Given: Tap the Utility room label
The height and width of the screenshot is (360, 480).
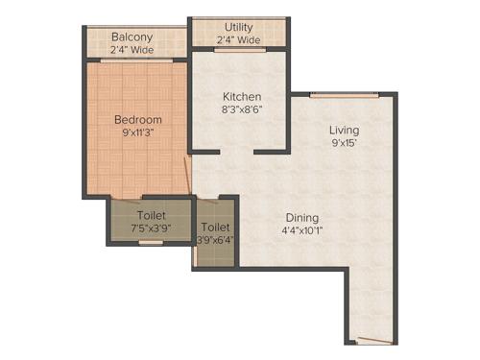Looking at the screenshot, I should [x=239, y=27].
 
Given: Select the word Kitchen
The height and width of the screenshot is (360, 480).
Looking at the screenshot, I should [x=242, y=98].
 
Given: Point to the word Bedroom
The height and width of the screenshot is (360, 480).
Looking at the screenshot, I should [x=138, y=120].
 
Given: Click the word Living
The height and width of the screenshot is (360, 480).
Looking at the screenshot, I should [x=345, y=130].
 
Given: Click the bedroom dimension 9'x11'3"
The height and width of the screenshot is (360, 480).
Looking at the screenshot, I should [x=138, y=133].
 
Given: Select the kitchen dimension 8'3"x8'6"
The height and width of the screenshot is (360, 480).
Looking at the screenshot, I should [x=242, y=110].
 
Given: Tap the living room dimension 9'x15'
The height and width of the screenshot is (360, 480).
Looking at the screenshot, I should [x=345, y=143].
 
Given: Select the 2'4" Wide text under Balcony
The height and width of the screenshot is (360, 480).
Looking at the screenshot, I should [x=133, y=51].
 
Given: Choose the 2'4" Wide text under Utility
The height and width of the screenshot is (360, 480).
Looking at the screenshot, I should [x=239, y=40].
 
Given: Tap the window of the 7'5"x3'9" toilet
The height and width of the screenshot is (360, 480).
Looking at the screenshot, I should [x=151, y=243].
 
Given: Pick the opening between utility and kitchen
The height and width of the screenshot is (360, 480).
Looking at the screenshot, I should [x=240, y=50].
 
